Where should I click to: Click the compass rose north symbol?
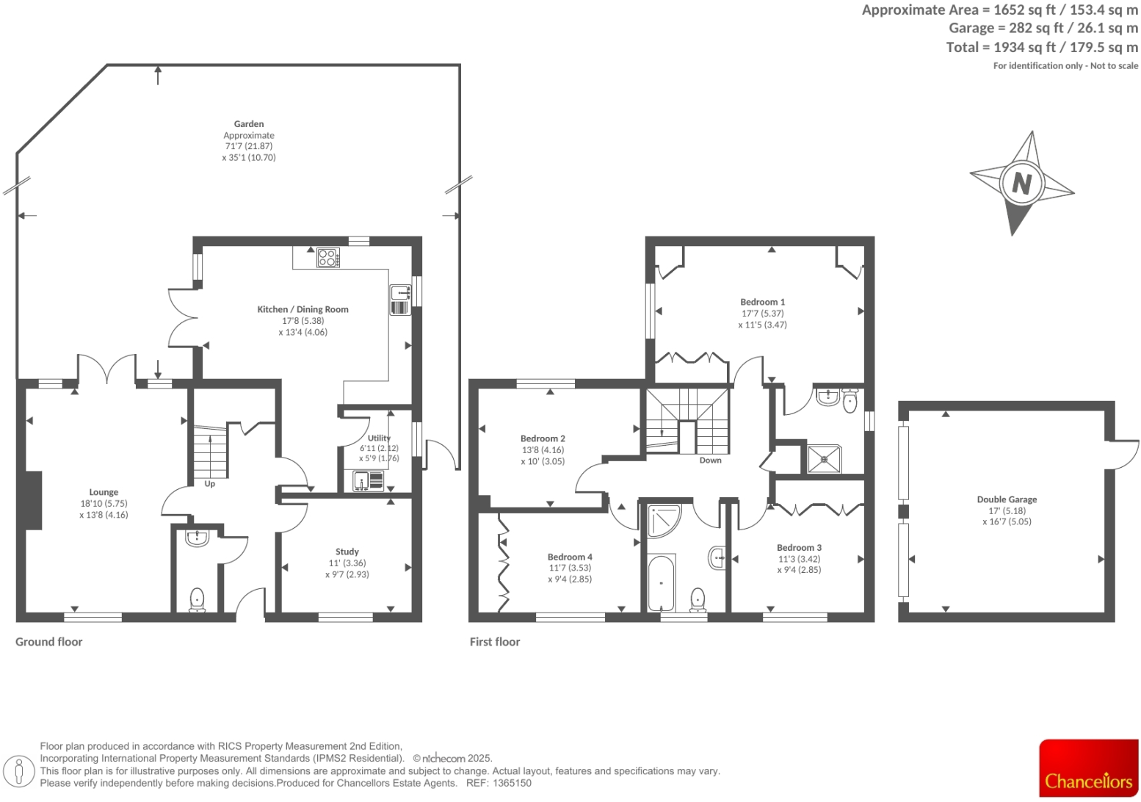pyautogui.click(x=1021, y=182)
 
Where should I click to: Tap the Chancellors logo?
pyautogui.click(x=1088, y=768)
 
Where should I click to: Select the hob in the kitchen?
pyautogui.click(x=328, y=258)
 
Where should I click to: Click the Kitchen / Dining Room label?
pyautogui.click(x=303, y=309)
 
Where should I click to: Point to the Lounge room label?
pyautogui.click(x=104, y=492)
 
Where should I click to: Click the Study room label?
pyautogui.click(x=347, y=552)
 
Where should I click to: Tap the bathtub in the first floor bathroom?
pyautogui.click(x=661, y=583)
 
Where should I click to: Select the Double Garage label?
pyautogui.click(x=1007, y=499)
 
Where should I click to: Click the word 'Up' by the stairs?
pyautogui.click(x=210, y=484)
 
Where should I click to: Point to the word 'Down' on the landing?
pyautogui.click(x=710, y=460)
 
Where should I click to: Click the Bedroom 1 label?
pyautogui.click(x=762, y=302)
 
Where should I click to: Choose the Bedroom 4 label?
pyautogui.click(x=570, y=557)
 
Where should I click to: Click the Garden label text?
pyautogui.click(x=249, y=124)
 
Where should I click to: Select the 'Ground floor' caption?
pyautogui.click(x=49, y=642)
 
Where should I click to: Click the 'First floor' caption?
pyautogui.click(x=495, y=642)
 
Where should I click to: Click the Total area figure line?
pyautogui.click(x=1042, y=48)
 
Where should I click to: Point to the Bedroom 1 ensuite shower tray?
pyautogui.click(x=825, y=459)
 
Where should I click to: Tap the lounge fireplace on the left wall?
pyautogui.click(x=34, y=499)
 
